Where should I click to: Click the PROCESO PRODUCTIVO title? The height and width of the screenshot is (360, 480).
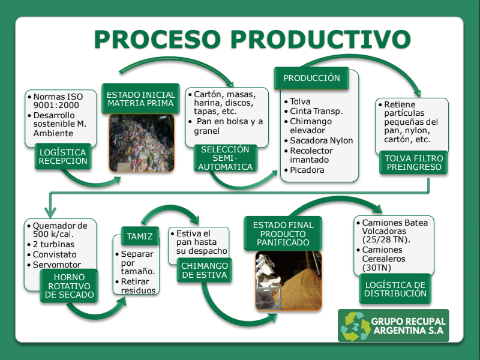[252, 39]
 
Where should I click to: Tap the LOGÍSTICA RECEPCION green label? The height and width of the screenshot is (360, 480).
[63, 155]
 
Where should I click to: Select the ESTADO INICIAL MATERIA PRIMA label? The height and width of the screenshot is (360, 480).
[140, 99]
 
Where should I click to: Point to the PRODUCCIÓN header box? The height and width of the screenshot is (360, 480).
[311, 78]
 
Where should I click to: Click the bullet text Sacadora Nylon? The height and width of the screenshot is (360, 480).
[321, 140]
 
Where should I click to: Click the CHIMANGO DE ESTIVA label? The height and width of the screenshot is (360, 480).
[204, 270]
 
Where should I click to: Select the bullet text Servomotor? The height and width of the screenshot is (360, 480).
[57, 265]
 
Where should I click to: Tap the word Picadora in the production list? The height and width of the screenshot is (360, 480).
[307, 170]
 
